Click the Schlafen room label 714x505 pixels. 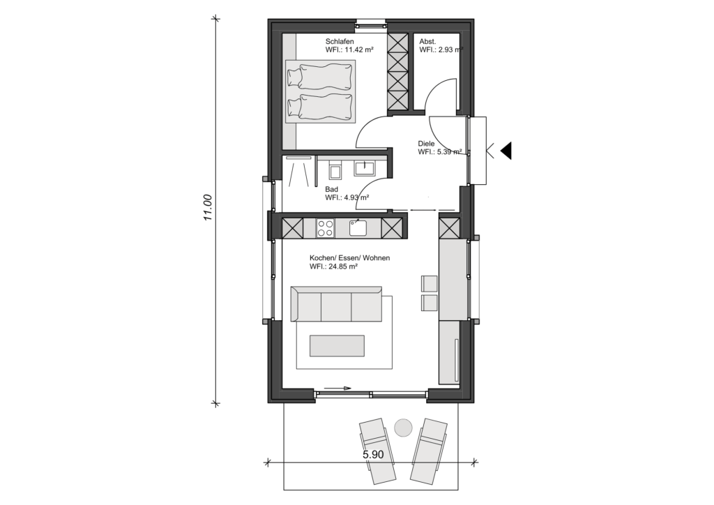click(340, 41)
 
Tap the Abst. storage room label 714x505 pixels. click(427, 41)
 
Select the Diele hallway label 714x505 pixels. click(426, 144)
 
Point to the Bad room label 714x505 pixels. click(331, 189)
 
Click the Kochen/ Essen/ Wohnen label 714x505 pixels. click(350, 258)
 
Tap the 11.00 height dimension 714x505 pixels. click(208, 208)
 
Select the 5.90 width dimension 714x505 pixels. click(373, 455)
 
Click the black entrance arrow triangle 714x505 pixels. click(506, 150)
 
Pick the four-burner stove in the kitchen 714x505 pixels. click(325, 228)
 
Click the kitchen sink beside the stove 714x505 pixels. click(358, 227)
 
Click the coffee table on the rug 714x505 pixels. click(337, 346)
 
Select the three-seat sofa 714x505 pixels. click(336, 303)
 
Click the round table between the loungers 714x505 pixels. click(403, 428)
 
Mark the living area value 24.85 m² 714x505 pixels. click(334, 266)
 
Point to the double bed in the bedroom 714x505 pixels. click(320, 91)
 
